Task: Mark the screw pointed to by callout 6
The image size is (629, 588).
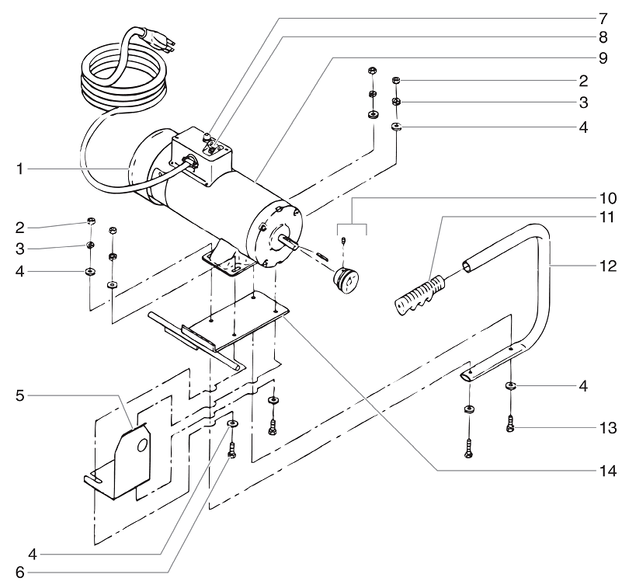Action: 231,449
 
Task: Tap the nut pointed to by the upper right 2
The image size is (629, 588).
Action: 396,80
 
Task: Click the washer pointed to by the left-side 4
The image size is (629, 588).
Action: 90,272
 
